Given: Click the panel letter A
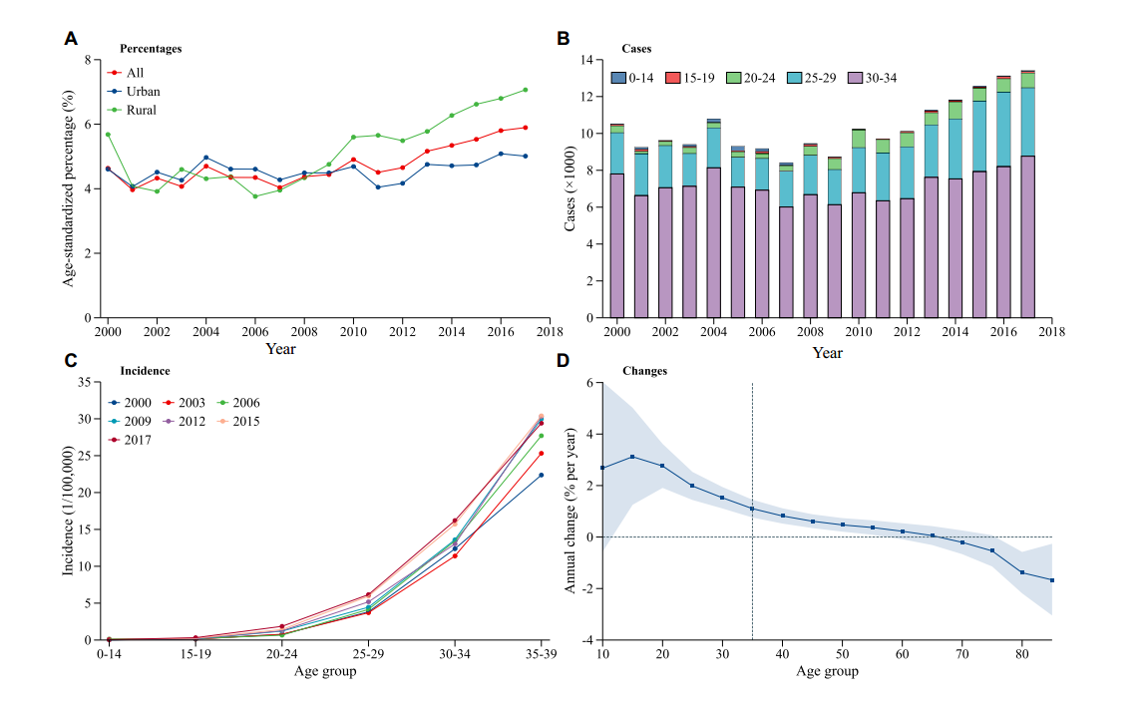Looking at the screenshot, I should point(71,39).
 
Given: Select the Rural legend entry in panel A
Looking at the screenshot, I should point(132,110).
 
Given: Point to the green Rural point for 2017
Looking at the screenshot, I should point(525,90).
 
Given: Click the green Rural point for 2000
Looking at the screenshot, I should point(108,134).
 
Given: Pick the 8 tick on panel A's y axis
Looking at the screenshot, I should point(87,60).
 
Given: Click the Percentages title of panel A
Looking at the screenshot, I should point(151,48).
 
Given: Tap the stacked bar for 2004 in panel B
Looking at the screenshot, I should point(714,219).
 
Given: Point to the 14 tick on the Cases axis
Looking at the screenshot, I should point(586,60).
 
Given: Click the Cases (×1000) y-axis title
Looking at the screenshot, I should point(572,189).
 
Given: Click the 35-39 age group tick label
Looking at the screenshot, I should point(541,654).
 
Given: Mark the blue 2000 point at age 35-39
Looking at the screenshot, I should point(541,475).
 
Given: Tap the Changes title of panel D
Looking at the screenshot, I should point(644,371).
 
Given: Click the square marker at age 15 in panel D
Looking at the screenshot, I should point(632,457).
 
